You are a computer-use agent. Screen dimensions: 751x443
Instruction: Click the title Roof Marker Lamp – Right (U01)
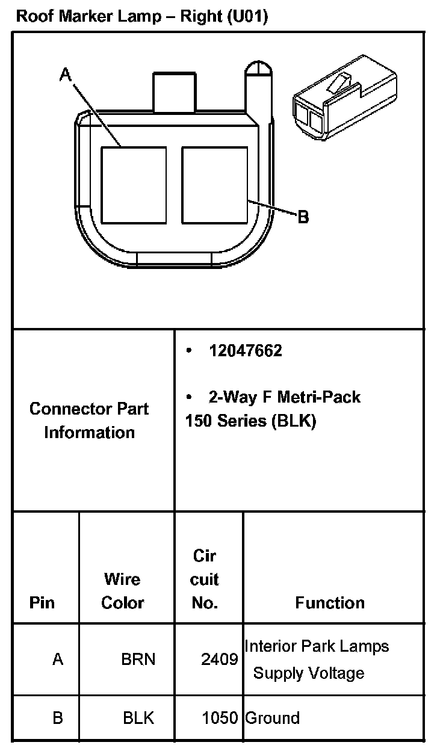coord(142,16)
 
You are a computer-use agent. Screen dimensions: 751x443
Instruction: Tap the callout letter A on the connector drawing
coord(66,75)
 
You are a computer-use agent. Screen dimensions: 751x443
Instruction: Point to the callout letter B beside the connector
coord(303,217)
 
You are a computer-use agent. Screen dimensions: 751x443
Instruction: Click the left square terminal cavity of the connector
coord(133,185)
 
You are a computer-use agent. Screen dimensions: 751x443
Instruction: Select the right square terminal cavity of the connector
coord(214,185)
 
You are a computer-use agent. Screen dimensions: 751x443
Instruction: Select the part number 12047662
coord(245,351)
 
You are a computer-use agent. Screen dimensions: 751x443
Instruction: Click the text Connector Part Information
coord(89,420)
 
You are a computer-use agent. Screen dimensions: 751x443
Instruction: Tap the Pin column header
coord(42,602)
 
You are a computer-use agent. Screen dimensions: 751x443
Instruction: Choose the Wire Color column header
coord(122,590)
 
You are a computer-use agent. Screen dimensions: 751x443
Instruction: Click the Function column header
coord(330,602)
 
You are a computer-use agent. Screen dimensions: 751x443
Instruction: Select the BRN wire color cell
coord(138,660)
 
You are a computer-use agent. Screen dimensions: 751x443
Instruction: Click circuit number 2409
coord(219,660)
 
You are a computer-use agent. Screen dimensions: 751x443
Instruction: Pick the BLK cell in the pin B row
coord(138,718)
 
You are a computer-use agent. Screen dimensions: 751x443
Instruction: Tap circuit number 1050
coord(219,718)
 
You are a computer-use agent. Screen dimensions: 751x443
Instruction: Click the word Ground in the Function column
coord(272,718)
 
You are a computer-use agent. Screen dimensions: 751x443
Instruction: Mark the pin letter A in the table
coord(58,660)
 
